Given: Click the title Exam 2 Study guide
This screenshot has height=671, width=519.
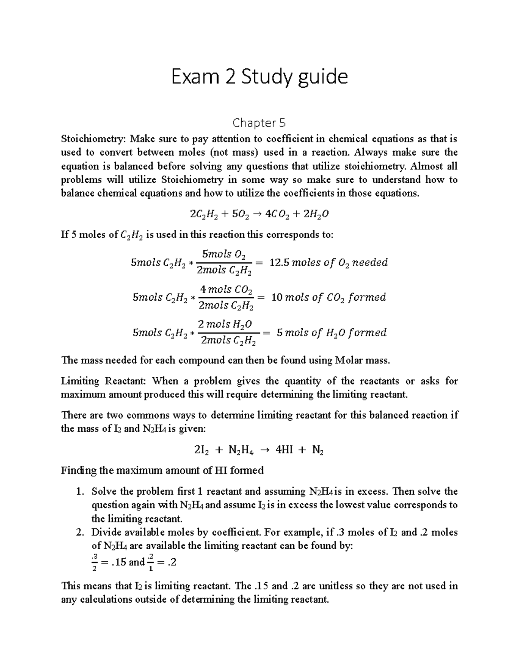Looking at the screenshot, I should pos(259,77).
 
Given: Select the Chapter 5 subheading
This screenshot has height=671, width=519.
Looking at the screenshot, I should pos(259,123).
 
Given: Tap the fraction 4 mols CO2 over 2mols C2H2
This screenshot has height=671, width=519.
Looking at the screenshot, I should pos(225,297).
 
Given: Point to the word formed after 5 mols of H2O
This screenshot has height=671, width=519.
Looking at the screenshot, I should pos(367,333).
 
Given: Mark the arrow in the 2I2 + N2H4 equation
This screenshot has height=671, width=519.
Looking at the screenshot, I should pos(265,450).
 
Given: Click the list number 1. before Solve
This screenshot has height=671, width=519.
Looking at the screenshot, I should pos(79,492).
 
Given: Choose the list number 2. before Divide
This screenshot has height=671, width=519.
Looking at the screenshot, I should pos(79,532).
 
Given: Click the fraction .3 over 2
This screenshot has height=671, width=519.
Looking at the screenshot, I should pos(94,562).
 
